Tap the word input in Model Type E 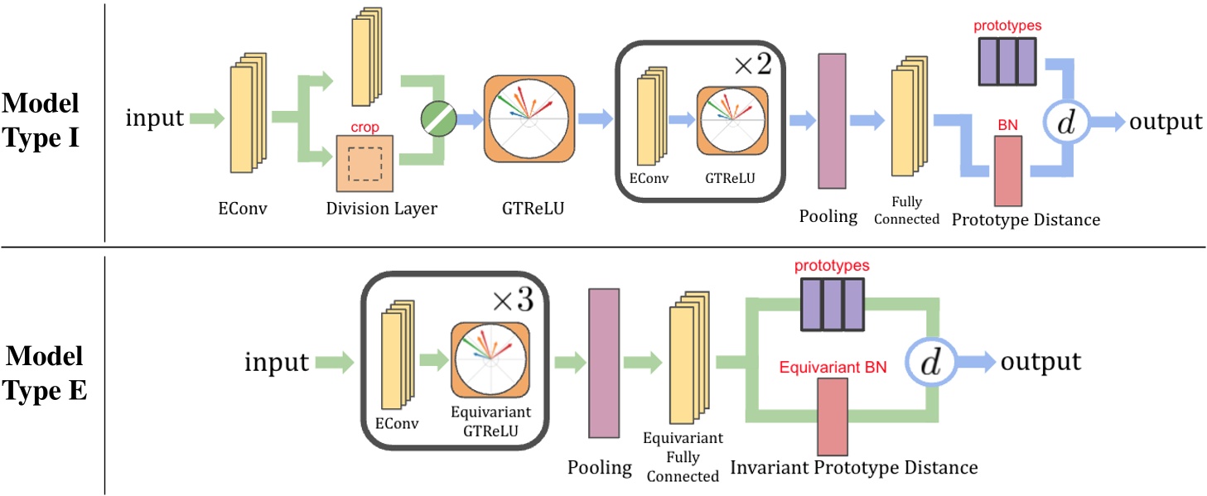pos(277,363)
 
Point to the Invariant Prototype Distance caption pos(853,468)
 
